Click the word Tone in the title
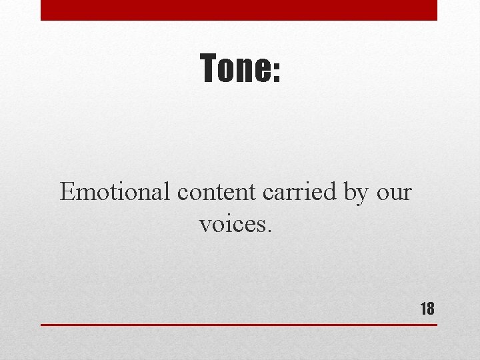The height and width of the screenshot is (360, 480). pyautogui.click(x=235, y=69)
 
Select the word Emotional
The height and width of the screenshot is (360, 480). pyautogui.click(x=116, y=192)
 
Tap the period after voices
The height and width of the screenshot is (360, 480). pyautogui.click(x=269, y=231)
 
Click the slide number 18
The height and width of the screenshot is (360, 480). pyautogui.click(x=427, y=308)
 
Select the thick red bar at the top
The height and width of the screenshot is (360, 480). pyautogui.click(x=239, y=10)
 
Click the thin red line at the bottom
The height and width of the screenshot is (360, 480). pyautogui.click(x=239, y=325)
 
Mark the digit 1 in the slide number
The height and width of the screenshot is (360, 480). pyautogui.click(x=423, y=308)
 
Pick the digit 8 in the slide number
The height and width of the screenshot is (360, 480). pyautogui.click(x=430, y=308)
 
